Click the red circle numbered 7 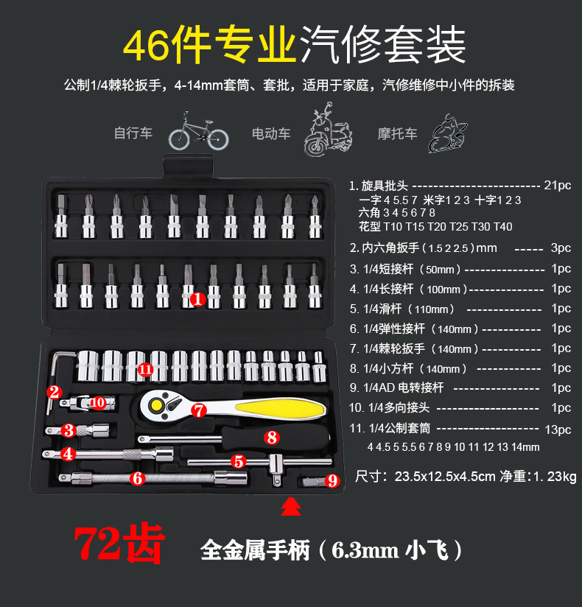click(198, 410)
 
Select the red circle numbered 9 click(332, 481)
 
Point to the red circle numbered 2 click(54, 392)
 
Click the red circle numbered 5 click(238, 462)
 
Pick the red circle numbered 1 click(197, 299)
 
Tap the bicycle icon click(198, 132)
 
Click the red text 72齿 click(119, 545)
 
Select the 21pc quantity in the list click(557, 186)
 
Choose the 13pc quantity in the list click(558, 429)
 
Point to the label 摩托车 click(398, 133)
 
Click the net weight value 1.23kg click(548, 477)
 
